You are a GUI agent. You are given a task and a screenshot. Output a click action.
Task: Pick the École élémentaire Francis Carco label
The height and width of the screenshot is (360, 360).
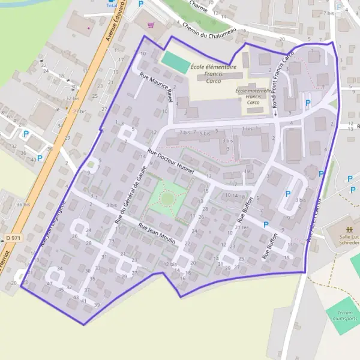click(213, 73)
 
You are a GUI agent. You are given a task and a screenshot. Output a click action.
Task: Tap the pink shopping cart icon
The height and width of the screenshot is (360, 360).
click(151, 25)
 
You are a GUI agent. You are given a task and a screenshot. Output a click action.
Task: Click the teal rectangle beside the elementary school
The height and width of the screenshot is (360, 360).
click(175, 61)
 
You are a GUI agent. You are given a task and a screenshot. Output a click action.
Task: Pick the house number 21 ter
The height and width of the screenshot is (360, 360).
click(241, 227)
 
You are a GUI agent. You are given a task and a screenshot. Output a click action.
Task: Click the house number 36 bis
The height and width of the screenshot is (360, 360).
click(23, 205)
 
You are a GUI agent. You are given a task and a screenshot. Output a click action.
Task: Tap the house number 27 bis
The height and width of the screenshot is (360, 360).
click(79, 112)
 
